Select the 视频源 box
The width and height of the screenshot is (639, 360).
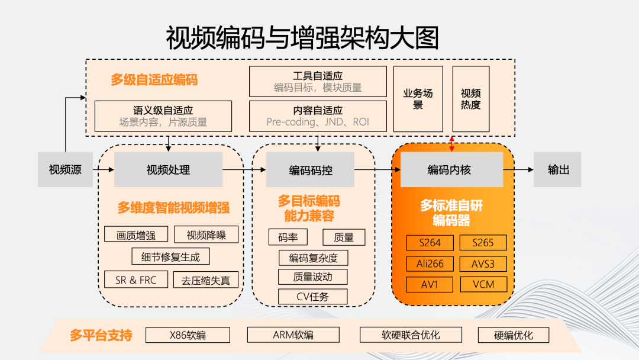pyautogui.click(x=65, y=170)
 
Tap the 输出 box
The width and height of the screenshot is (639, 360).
pyautogui.click(x=558, y=170)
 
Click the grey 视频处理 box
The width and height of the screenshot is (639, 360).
pyautogui.click(x=168, y=170)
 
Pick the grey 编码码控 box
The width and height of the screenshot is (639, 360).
pyautogui.click(x=311, y=170)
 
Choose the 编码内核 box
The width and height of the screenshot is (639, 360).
pyautogui.click(x=452, y=170)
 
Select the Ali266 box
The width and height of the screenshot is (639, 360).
pyautogui.click(x=430, y=263)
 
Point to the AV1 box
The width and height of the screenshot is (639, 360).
pyautogui.click(x=430, y=284)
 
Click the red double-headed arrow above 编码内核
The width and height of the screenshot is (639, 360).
pyautogui.click(x=453, y=143)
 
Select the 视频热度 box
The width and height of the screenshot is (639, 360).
pyautogui.click(x=471, y=99)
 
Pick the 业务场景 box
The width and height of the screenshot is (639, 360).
pyautogui.click(x=418, y=99)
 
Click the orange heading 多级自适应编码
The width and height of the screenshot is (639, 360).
pyautogui.click(x=154, y=80)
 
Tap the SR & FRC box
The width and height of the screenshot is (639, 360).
pyautogui.click(x=136, y=280)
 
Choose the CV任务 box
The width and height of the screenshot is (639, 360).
pyautogui.click(x=312, y=297)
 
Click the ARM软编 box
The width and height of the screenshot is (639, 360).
pyautogui.click(x=293, y=335)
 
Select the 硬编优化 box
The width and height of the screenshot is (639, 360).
pyautogui.click(x=514, y=335)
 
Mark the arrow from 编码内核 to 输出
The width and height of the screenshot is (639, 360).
pyautogui.click(x=518, y=170)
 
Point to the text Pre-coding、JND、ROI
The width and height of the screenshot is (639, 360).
pyautogui.click(x=318, y=123)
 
